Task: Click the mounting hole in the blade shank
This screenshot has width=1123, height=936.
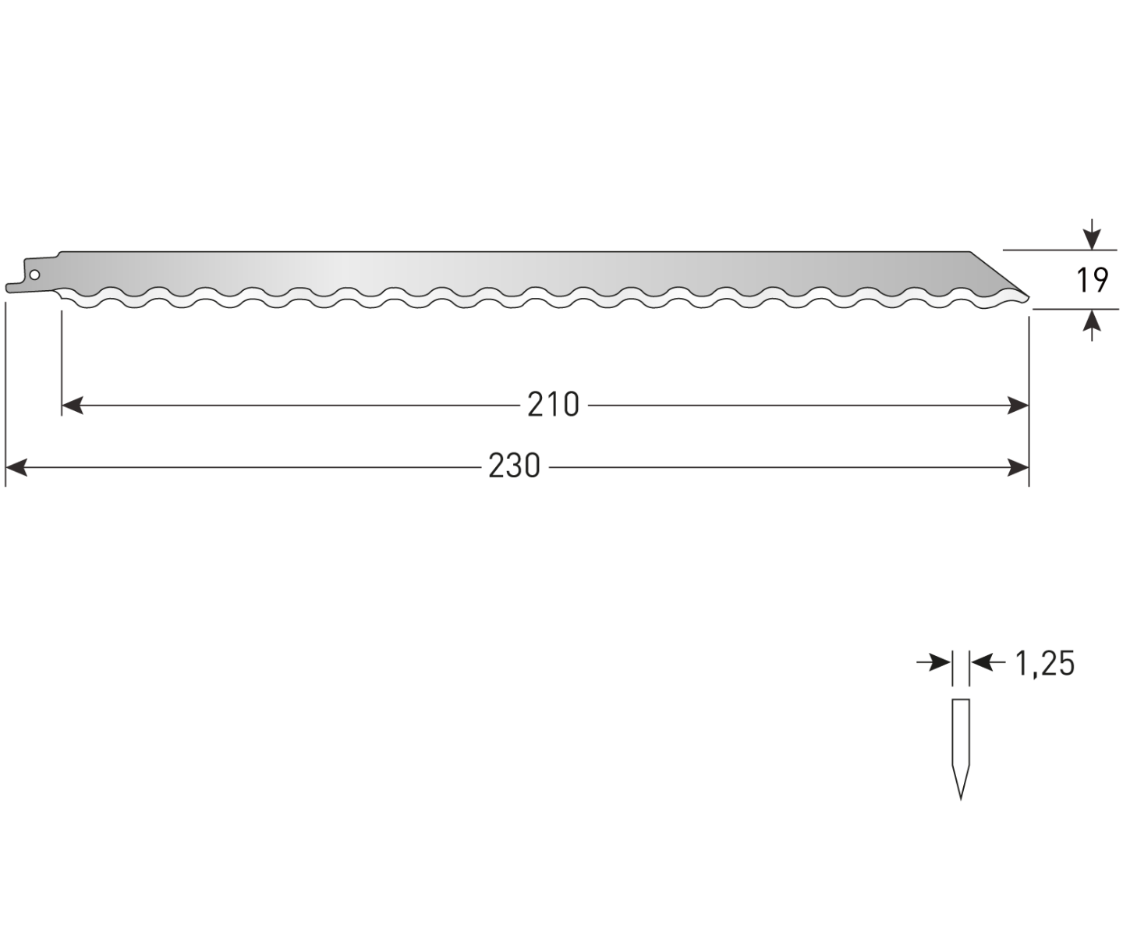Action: (34, 275)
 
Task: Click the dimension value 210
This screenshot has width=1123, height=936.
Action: (553, 405)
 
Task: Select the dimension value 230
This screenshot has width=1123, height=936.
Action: (514, 466)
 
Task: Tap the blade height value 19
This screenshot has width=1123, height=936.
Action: (1092, 280)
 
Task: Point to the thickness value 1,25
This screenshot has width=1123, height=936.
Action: (1044, 663)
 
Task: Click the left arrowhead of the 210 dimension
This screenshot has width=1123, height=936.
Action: (73, 406)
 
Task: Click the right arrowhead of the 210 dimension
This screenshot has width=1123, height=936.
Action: (1018, 406)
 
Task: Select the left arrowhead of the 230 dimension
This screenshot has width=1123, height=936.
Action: (16, 467)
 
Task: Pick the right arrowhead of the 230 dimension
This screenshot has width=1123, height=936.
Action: (1018, 467)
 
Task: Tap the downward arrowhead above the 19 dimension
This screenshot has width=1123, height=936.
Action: (1091, 239)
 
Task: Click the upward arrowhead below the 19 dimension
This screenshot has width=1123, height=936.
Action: (1091, 320)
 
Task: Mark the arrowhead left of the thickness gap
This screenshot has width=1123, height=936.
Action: (941, 662)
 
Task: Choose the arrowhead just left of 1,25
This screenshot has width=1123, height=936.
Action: (981, 662)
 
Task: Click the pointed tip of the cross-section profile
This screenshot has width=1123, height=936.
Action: (961, 800)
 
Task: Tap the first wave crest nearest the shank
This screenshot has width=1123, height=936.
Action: (110, 289)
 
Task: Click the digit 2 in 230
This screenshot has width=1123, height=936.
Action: (497, 466)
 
